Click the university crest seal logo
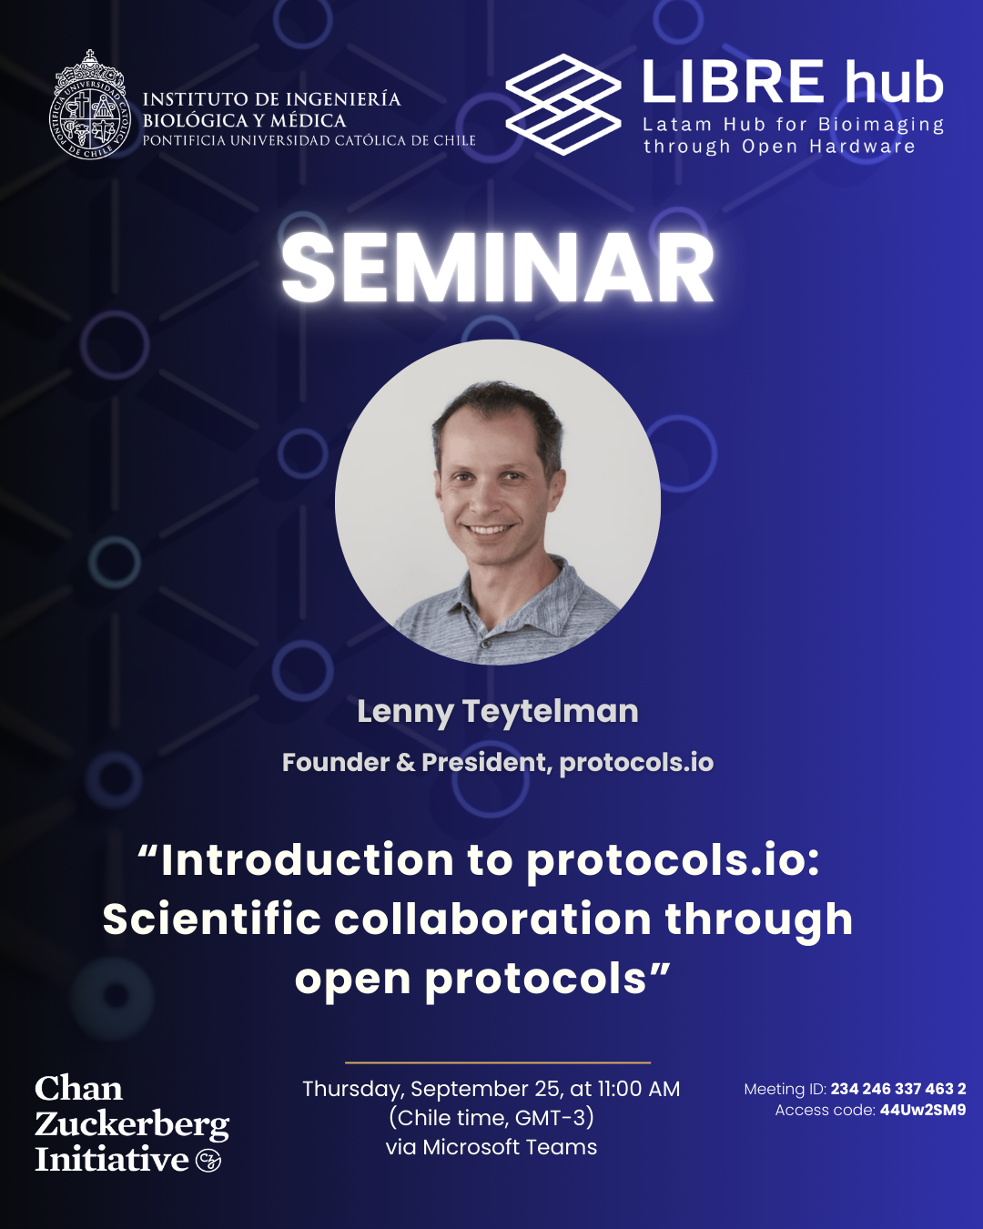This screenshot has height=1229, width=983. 89,105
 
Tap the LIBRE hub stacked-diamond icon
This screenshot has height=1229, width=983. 563,104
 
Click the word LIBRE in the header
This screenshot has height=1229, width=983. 734,81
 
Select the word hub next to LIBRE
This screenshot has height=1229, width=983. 893,81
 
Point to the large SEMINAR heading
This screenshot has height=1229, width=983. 498,268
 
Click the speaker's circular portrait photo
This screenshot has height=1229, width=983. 498,503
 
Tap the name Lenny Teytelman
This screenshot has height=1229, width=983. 498,713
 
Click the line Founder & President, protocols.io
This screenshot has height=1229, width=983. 498,762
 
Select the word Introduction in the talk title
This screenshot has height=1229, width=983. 308,860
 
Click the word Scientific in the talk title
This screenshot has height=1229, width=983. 212,919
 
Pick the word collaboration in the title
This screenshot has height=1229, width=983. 493,919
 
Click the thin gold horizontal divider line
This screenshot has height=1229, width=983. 498,1062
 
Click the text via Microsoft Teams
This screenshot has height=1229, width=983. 491,1147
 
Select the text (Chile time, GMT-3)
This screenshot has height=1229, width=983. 491,1118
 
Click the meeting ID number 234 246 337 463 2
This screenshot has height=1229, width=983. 897,1089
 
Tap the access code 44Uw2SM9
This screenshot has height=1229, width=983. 923,1111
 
